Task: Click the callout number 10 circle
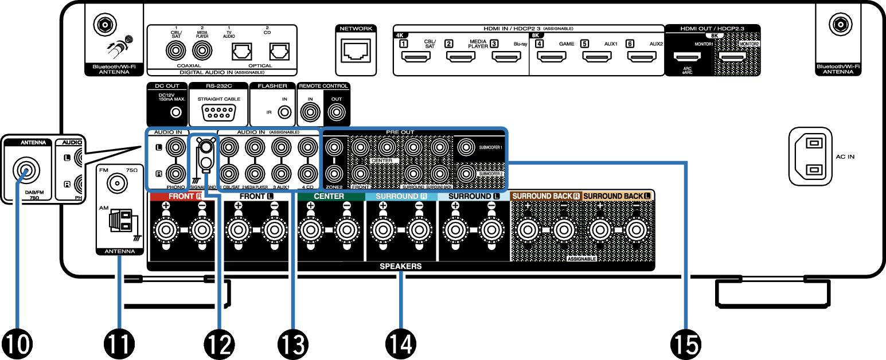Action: [x=17, y=344]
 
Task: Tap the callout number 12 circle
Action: [x=218, y=344]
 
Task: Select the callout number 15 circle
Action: [x=685, y=344]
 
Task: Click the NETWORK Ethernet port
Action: [x=356, y=52]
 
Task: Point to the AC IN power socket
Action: [x=817, y=156]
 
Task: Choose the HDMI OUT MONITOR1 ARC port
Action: [x=686, y=57]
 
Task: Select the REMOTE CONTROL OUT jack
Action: [x=335, y=112]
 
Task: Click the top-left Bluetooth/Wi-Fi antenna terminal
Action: [x=104, y=25]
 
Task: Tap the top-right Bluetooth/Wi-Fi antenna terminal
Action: [x=838, y=25]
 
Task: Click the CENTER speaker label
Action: [x=329, y=196]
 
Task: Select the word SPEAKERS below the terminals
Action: [x=400, y=267]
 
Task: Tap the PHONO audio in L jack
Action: [x=174, y=148]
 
